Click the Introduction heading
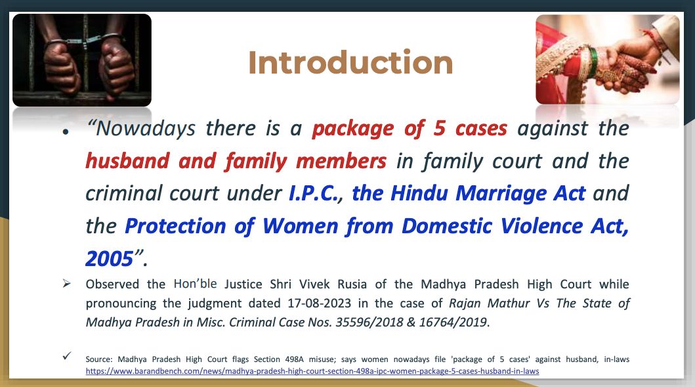350,62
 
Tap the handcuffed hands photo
82,60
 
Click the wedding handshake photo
607,60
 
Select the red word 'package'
353,129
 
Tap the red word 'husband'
128,161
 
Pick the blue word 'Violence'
541,226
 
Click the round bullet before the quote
66,132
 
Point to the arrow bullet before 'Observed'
66,283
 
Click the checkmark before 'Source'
67,355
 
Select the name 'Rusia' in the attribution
352,284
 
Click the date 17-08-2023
319,304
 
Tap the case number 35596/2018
369,322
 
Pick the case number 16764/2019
453,322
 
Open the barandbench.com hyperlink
312,371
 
